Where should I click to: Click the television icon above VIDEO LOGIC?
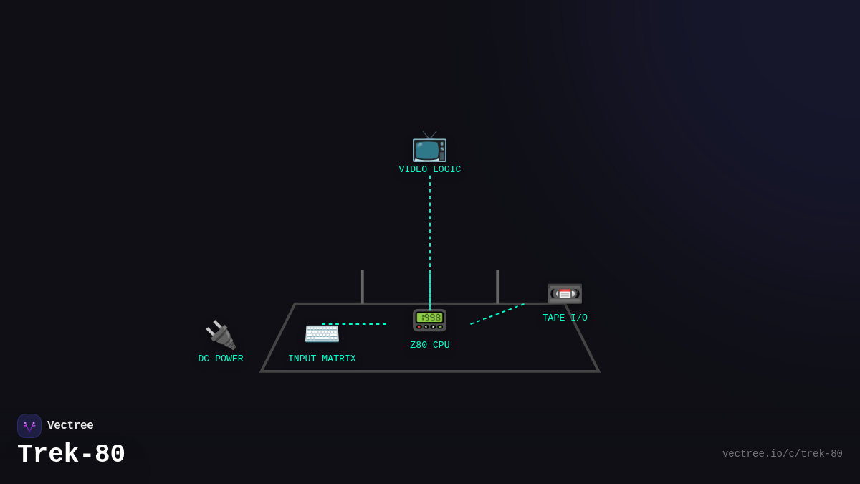429,148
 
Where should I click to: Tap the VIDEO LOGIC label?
430,170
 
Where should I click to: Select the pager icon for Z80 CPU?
429,321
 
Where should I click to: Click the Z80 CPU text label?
430,345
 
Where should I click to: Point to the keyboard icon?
322,333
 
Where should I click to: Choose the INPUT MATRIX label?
322,359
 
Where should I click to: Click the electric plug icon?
221,335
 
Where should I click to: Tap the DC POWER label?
221,359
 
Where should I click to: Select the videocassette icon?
565,293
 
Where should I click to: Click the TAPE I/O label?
565,318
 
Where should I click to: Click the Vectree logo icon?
29,426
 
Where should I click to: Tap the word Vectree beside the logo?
70,426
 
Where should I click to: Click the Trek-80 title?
71,454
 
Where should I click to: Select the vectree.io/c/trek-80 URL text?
782,454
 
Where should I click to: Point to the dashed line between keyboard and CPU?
354,324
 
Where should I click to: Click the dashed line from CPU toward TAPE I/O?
497,314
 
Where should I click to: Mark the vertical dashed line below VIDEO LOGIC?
430,222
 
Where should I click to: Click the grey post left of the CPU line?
363,287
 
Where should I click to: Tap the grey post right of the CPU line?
497,287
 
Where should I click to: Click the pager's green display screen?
429,317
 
